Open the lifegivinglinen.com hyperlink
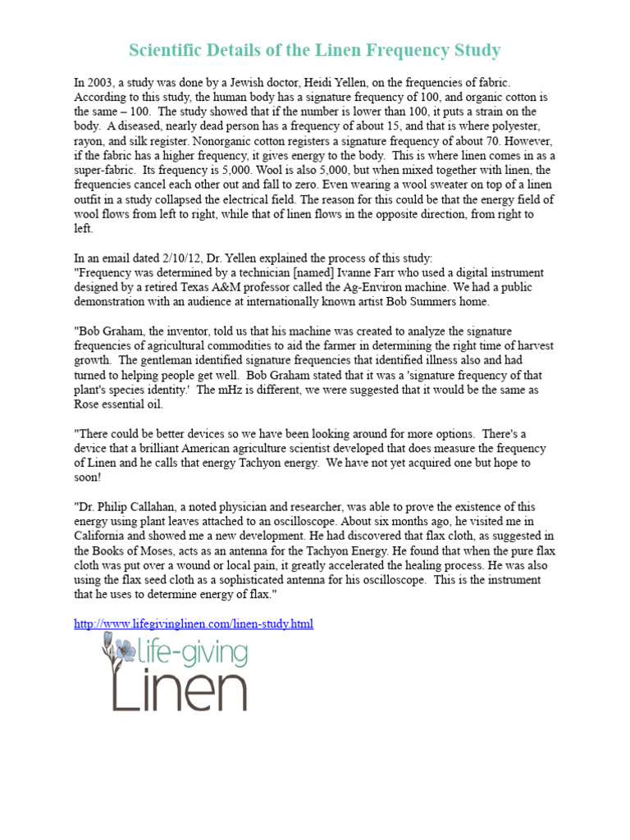194,624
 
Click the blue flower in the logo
126,651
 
